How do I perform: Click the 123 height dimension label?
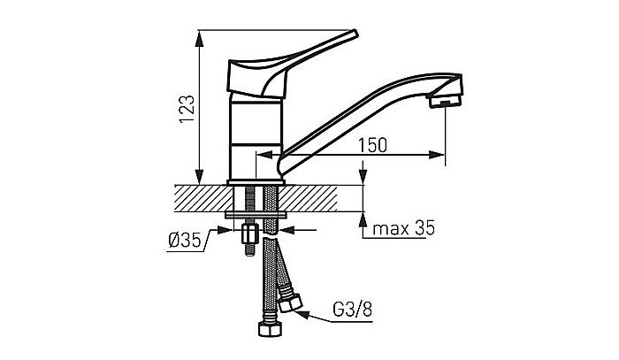point(187,109)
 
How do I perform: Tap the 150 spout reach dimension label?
point(372,145)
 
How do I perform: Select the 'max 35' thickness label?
point(403,228)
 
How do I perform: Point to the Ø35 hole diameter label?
point(185,240)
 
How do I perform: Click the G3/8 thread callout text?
point(353,310)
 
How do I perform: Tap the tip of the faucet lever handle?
point(355,33)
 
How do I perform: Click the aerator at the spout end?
point(446,100)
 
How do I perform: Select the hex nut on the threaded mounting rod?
point(249,234)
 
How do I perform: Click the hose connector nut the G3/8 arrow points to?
point(290,303)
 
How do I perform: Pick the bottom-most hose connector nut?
point(271,329)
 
